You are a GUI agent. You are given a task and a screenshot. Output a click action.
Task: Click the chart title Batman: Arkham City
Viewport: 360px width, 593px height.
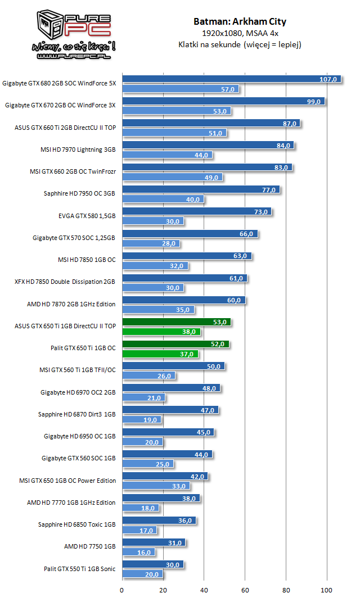(x=240, y=21)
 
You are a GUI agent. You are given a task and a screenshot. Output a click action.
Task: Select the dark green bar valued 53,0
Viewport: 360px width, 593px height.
(x=176, y=322)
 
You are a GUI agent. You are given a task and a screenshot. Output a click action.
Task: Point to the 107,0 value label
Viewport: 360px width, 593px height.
(x=328, y=79)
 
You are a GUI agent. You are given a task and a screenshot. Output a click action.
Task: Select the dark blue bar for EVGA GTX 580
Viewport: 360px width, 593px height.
(x=196, y=211)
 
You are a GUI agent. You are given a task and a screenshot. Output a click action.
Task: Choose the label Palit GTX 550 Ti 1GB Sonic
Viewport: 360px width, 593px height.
(x=79, y=568)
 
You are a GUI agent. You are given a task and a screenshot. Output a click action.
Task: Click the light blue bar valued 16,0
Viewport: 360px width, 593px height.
(x=138, y=552)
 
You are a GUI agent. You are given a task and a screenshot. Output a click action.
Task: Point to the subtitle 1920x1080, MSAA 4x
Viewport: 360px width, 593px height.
(x=240, y=33)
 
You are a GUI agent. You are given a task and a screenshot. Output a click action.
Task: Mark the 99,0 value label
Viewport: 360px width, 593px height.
(x=314, y=101)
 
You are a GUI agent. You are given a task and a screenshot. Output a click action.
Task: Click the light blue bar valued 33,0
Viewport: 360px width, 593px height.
(x=156, y=486)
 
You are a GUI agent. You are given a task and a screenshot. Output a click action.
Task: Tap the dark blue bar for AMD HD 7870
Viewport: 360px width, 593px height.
(x=183, y=300)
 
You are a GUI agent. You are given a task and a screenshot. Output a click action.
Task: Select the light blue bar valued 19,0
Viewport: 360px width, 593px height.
(x=142, y=420)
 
